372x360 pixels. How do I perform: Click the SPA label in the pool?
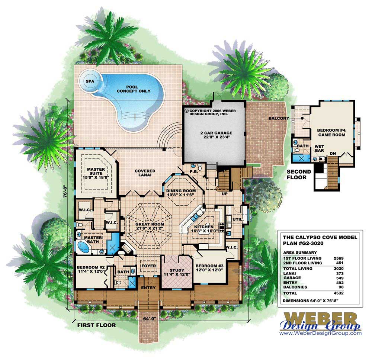click(90, 80)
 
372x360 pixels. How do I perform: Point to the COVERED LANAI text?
click(145, 173)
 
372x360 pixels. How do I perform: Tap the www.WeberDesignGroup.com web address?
click(320, 333)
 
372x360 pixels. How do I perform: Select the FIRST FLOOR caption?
click(96, 325)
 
